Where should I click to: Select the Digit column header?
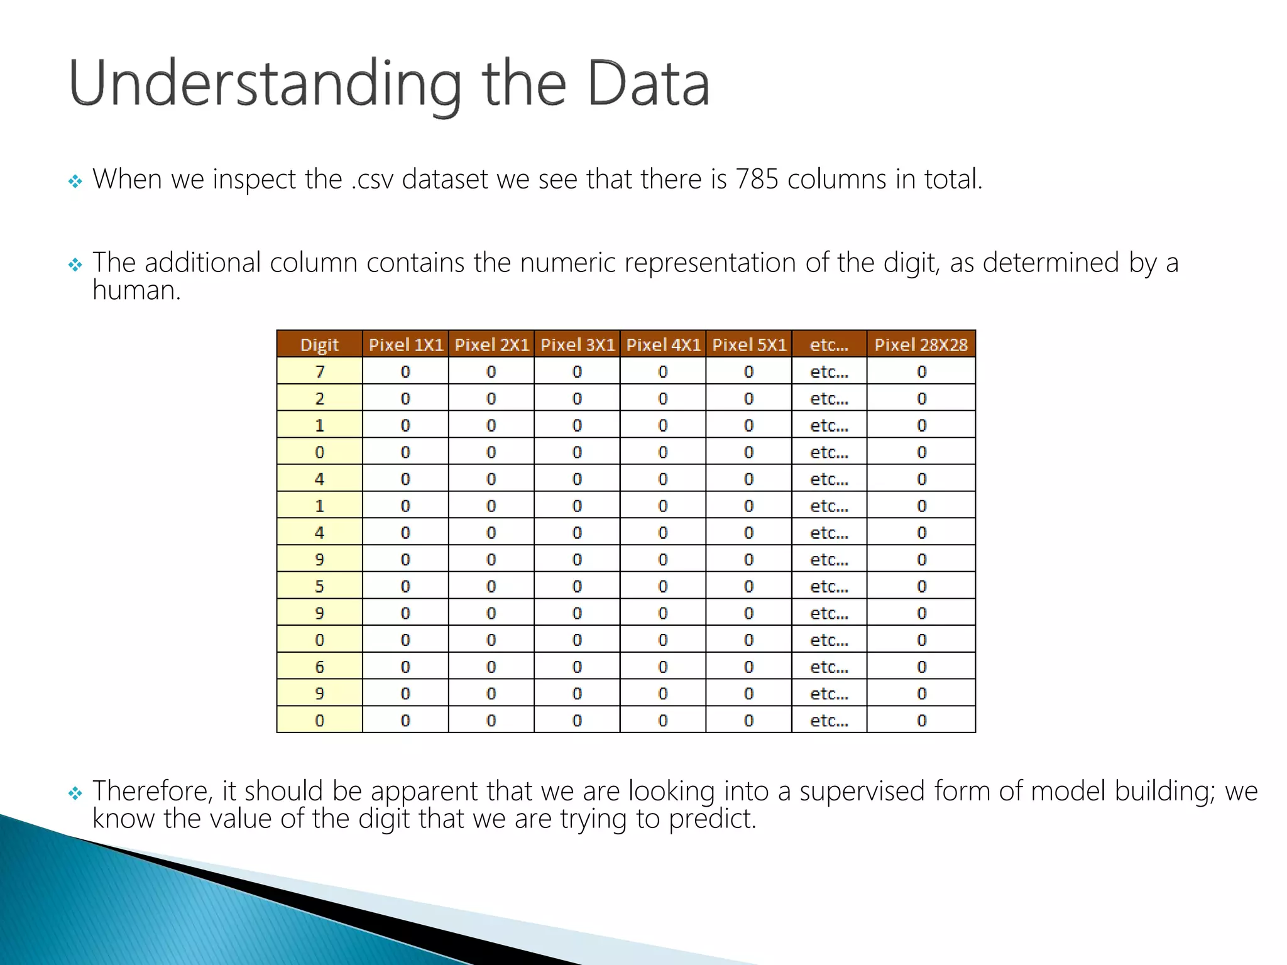pyautogui.click(x=319, y=344)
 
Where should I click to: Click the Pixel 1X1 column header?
pyautogui.click(x=405, y=344)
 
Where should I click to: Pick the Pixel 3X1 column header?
pyautogui.click(x=577, y=344)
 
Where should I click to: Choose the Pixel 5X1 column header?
pyautogui.click(x=748, y=344)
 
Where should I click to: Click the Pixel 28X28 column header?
pyautogui.click(x=921, y=344)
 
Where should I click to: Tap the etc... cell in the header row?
pyautogui.click(x=829, y=344)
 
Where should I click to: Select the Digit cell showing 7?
pyautogui.click(x=319, y=371)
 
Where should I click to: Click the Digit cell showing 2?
pyautogui.click(x=319, y=398)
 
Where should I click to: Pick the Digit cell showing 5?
pyautogui.click(x=319, y=586)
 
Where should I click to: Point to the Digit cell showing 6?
pyautogui.click(x=319, y=667)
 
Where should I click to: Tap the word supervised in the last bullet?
pyautogui.click(x=862, y=791)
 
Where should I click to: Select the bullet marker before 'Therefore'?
pyautogui.click(x=75, y=794)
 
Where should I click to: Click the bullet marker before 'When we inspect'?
pyautogui.click(x=75, y=182)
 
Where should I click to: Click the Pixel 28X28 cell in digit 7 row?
pyautogui.click(x=921, y=371)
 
